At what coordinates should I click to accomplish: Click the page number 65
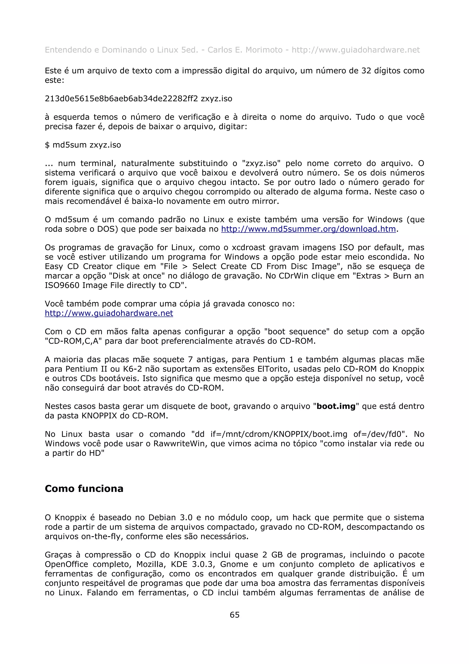(x=234, y=615)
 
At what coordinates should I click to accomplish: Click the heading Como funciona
(x=84, y=488)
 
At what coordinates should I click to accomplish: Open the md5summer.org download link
(x=308, y=229)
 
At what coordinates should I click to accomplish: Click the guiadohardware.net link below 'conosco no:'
(x=109, y=313)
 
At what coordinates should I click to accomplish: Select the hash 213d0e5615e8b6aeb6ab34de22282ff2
(x=121, y=99)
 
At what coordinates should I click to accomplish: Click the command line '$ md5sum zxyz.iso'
(x=83, y=145)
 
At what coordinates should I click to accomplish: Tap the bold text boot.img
(x=336, y=406)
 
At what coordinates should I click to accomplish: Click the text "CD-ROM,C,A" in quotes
(x=74, y=341)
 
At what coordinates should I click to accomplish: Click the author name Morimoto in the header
(x=264, y=50)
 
